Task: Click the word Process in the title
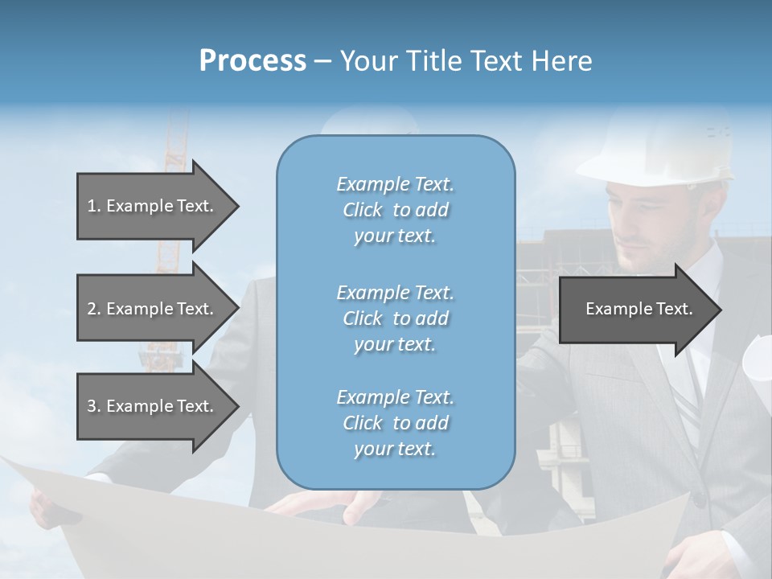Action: (x=253, y=61)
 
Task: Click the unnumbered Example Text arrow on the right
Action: (x=639, y=309)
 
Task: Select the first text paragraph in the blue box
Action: (x=395, y=210)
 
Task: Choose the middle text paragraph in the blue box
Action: (x=395, y=318)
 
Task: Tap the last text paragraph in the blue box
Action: (x=395, y=423)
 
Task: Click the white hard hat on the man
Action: (x=659, y=149)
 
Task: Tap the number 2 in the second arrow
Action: (x=92, y=309)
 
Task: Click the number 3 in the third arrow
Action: (x=92, y=406)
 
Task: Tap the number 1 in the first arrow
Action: (x=92, y=206)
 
